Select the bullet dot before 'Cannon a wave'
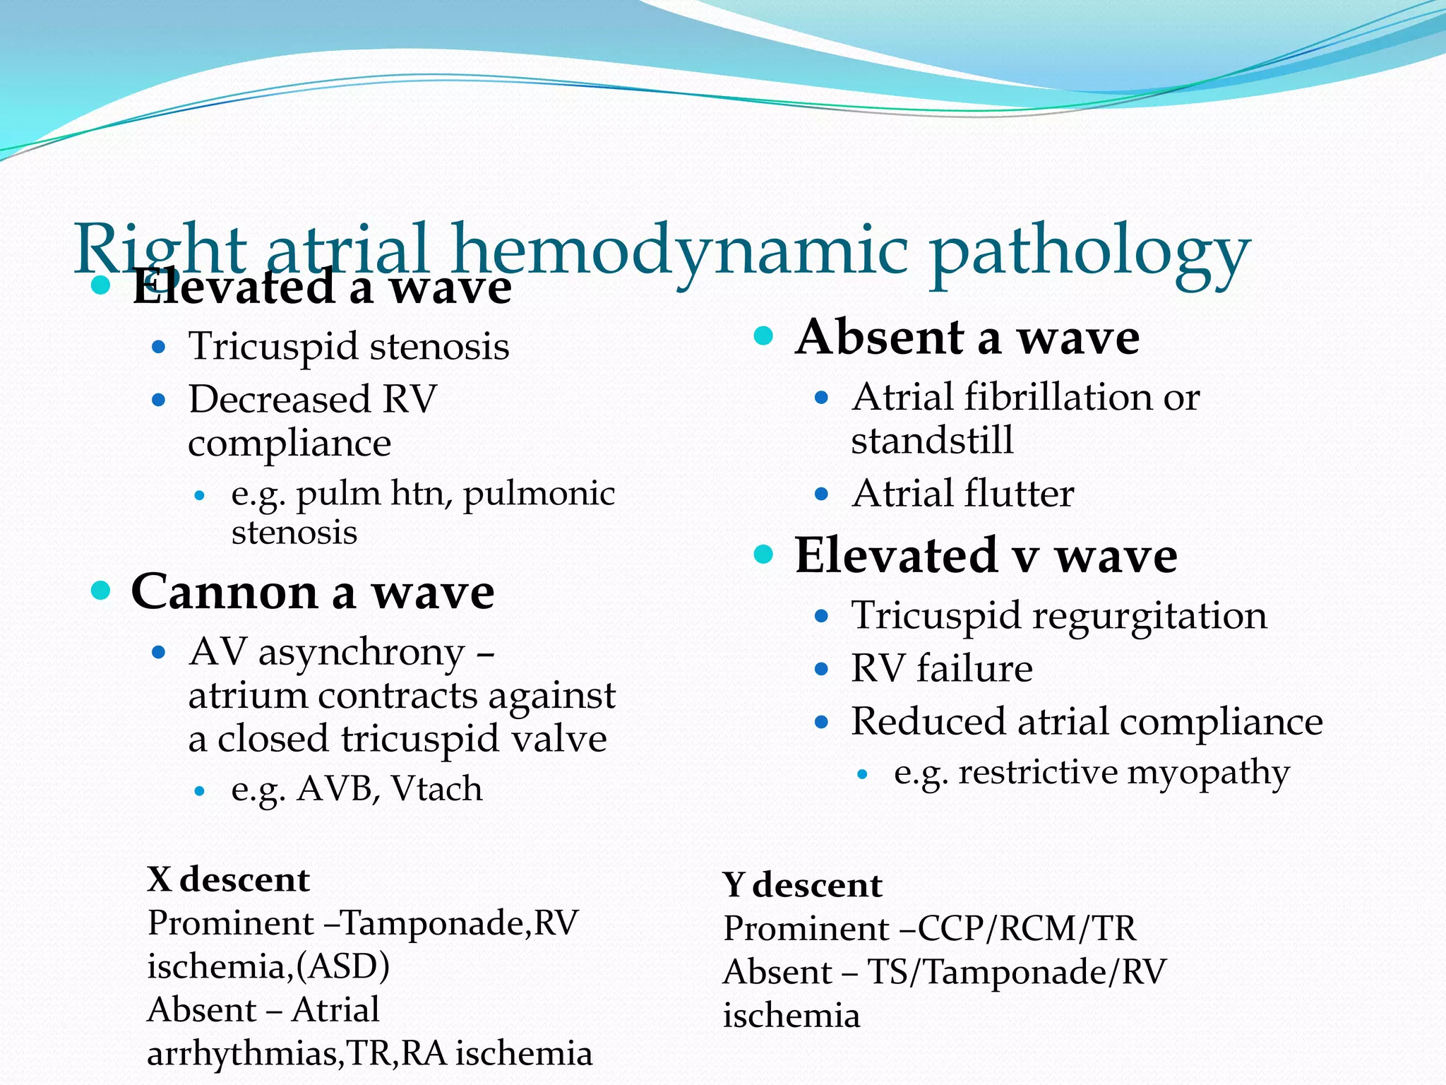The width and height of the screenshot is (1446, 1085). (102, 591)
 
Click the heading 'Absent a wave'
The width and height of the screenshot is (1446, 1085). (967, 337)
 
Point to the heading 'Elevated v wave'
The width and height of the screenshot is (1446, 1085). (986, 556)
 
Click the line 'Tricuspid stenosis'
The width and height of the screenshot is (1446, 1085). (349, 347)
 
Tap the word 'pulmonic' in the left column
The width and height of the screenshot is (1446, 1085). (539, 493)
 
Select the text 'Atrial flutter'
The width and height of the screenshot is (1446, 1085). (962, 493)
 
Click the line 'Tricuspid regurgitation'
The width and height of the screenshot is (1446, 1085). (1058, 615)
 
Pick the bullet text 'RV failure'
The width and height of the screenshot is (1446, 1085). (941, 668)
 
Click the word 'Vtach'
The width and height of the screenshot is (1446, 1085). (437, 789)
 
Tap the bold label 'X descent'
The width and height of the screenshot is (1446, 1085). (228, 880)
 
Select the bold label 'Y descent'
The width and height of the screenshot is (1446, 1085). (802, 885)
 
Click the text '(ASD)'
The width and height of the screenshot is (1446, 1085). (342, 966)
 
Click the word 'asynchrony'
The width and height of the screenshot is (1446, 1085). (361, 653)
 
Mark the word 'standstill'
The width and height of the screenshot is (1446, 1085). (932, 440)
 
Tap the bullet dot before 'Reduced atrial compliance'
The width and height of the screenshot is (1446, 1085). (820, 722)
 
